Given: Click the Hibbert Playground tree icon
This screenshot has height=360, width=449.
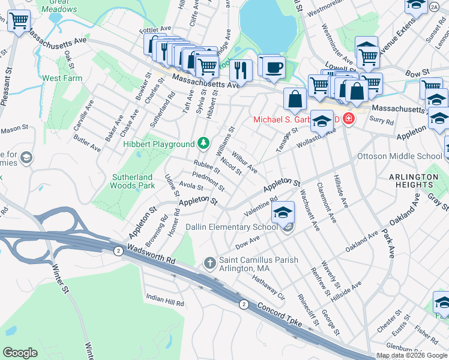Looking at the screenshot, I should [x=204, y=143].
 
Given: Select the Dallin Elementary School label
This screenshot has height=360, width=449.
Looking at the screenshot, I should [x=240, y=227].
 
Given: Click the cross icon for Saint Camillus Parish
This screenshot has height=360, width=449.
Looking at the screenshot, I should [x=209, y=263].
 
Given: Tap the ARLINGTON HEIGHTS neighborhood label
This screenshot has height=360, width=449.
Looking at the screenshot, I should [x=413, y=181].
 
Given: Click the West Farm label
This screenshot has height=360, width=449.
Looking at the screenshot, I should [x=62, y=78].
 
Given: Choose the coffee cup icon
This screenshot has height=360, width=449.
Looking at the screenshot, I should [x=274, y=67].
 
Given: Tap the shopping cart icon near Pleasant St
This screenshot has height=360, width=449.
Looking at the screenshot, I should [x=19, y=21].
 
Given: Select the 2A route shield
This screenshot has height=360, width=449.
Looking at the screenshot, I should [x=433, y=7].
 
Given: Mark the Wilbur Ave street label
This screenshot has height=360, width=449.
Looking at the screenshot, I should [x=245, y=161].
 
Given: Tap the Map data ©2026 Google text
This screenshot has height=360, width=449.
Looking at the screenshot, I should [x=412, y=355].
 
